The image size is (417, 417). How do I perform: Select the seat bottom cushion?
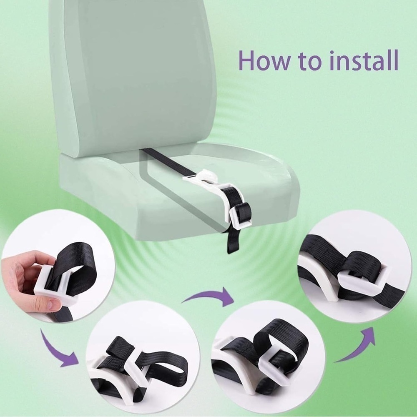[x=178, y=191]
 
